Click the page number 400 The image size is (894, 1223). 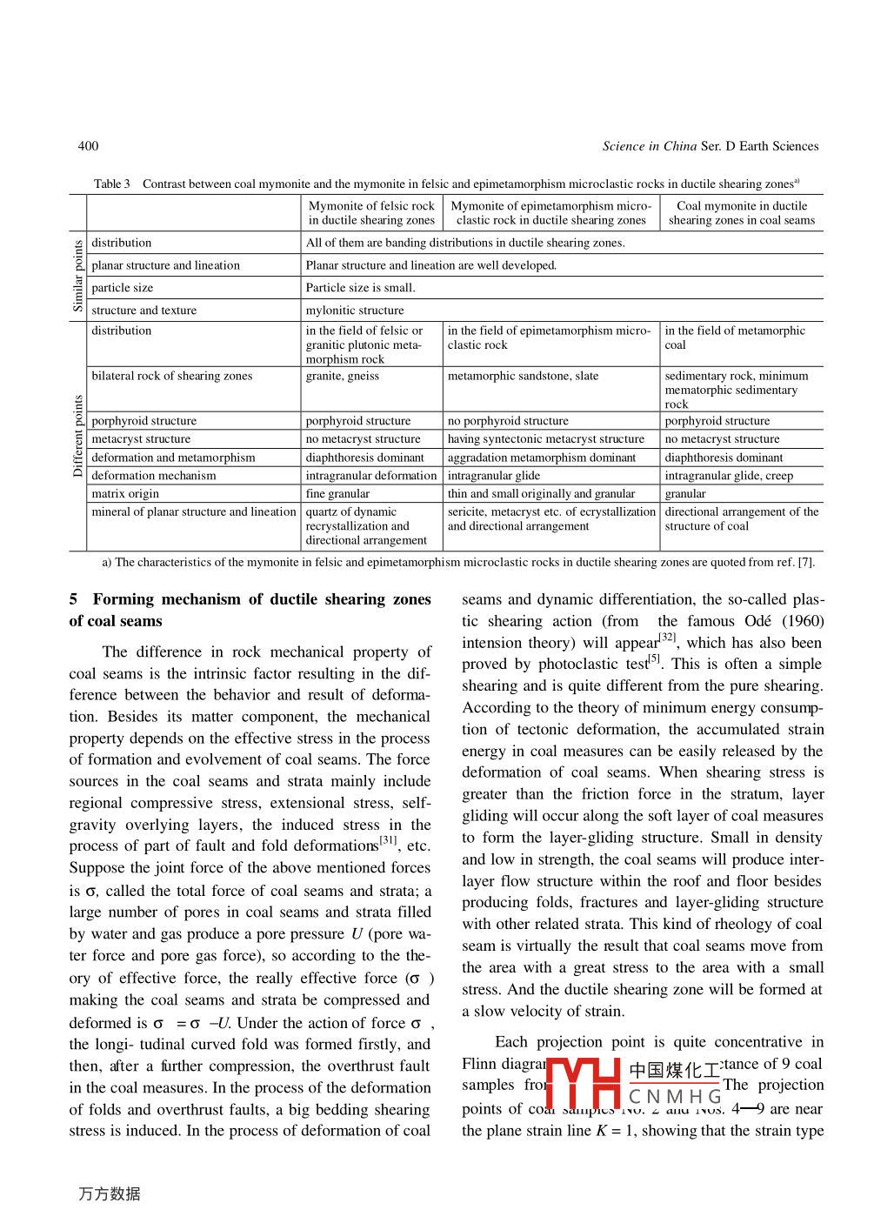88,146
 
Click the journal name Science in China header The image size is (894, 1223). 649,146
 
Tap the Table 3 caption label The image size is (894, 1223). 111,184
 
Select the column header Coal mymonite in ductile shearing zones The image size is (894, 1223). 741,213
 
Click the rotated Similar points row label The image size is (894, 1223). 78,276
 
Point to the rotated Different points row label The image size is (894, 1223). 78,436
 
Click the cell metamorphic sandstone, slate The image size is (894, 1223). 523,376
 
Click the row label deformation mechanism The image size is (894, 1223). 154,476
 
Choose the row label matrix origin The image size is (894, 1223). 125,494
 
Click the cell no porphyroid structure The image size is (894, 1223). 508,421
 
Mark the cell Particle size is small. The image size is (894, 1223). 360,288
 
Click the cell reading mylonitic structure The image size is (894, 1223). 355,311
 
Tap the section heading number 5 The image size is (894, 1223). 74,599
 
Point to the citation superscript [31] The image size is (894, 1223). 388,840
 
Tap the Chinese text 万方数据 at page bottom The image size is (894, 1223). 110,1194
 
